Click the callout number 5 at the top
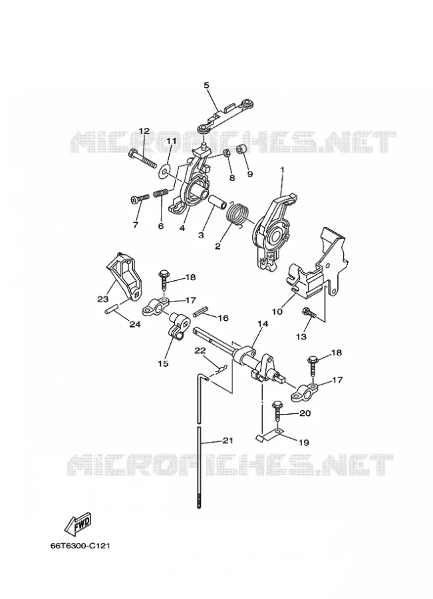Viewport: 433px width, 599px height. (207, 85)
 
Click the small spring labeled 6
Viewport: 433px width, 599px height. (161, 194)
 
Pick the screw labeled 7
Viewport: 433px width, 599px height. (140, 199)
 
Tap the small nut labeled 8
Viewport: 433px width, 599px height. (226, 154)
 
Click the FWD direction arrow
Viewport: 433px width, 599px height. (79, 522)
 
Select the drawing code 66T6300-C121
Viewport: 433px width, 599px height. (80, 546)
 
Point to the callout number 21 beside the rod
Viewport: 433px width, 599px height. (227, 441)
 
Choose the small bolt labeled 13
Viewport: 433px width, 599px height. (309, 312)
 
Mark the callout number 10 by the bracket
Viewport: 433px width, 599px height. (277, 311)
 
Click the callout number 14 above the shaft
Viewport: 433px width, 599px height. (263, 323)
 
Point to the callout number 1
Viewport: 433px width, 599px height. (282, 168)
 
